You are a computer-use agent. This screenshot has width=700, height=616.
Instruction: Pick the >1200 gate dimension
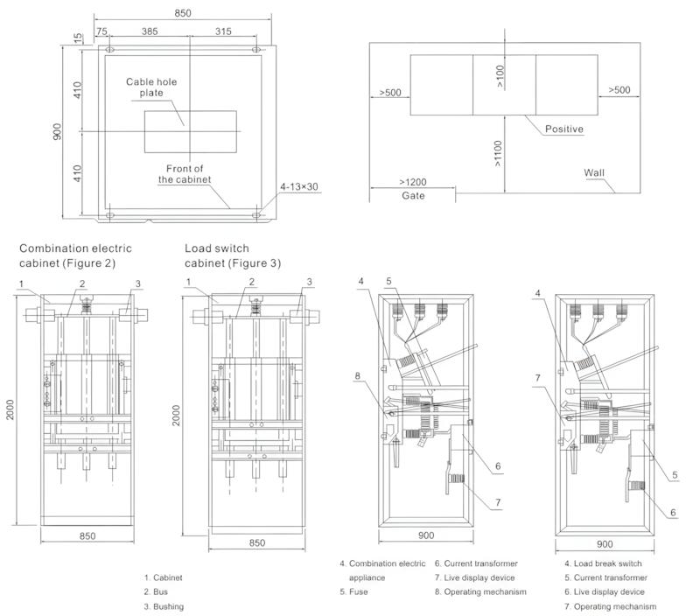[413, 182]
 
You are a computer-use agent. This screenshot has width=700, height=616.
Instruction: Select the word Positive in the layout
[564, 129]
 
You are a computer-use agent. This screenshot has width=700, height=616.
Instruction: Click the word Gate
[413, 196]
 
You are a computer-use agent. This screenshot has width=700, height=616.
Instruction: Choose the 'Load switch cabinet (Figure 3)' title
[233, 255]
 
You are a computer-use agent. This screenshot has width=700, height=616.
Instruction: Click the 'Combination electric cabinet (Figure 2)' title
[67, 255]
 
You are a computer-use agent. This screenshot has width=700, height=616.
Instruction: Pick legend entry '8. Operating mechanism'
[480, 591]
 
